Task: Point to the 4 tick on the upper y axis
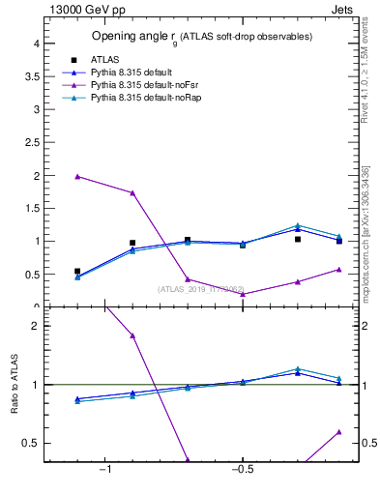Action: (x=35, y=44)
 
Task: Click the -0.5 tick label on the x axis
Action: (x=241, y=469)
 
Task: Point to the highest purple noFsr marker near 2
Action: (x=77, y=176)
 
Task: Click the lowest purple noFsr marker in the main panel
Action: (x=243, y=294)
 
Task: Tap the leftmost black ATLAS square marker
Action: (x=77, y=272)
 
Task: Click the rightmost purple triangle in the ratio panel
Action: (x=338, y=431)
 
